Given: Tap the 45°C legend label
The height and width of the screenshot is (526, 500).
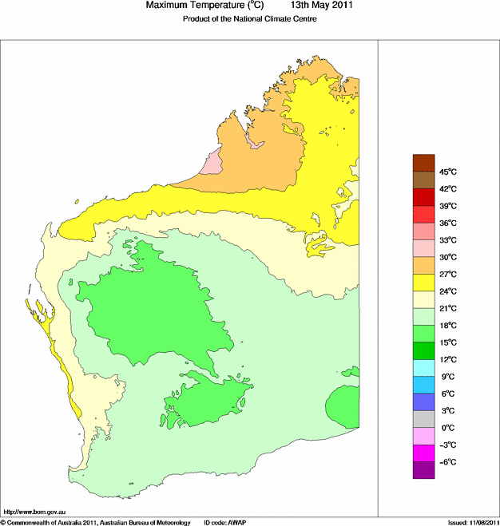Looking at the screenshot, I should (447, 172).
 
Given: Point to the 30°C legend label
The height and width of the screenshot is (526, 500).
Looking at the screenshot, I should (447, 257).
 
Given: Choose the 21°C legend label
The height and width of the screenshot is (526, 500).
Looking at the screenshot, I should (447, 308).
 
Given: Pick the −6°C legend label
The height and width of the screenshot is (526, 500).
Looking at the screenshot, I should (447, 462).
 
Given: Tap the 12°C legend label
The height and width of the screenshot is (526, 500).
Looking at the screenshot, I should (447, 359).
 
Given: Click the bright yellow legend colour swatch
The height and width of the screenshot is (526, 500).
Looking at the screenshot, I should (424, 283).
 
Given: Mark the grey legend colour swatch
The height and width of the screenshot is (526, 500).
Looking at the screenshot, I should (424, 419).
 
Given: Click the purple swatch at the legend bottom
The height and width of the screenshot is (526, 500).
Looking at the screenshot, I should (424, 471).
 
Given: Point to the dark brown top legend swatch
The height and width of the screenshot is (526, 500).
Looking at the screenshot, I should (424, 163).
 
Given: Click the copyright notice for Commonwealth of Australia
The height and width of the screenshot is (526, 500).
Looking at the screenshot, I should (96, 522).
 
